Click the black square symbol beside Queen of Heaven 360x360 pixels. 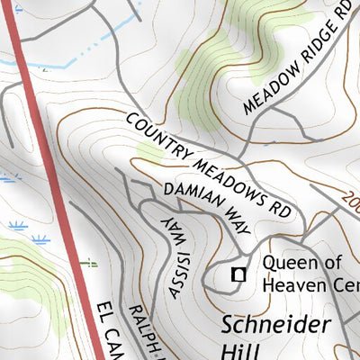239,274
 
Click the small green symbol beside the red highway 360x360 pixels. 87,263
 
